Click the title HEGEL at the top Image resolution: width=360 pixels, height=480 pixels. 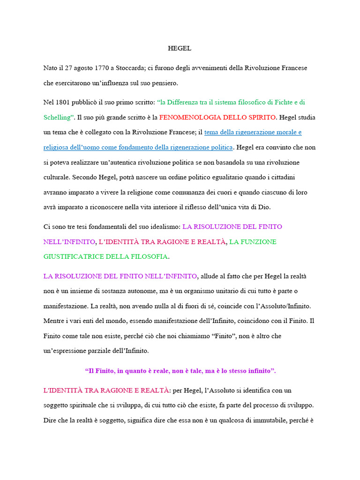coord(180,48)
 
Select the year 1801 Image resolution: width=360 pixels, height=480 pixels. coord(63,102)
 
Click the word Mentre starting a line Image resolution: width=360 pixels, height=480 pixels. coord(54,321)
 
